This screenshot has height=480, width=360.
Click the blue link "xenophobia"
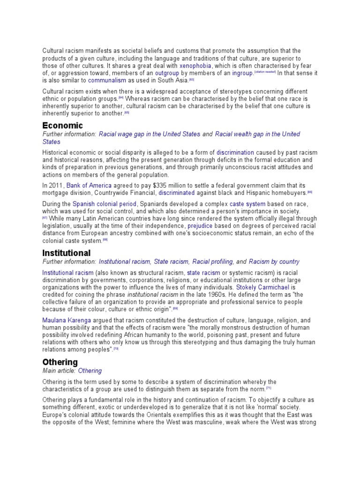pos(195,66)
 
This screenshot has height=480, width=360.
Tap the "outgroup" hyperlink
pos(167,73)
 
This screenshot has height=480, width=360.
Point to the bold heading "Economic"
pos(62,125)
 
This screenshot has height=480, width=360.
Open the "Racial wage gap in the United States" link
pos(150,134)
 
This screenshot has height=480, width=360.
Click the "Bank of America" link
pos(89,185)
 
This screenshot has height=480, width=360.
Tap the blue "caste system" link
pos(247,204)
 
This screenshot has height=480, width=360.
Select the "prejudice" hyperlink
pos(200,226)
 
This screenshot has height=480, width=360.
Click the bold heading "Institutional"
pos(66,253)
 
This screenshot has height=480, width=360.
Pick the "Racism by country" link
pos(274,262)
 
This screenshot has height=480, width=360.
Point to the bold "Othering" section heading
pos(60,362)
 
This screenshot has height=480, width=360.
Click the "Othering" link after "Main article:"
pos(90,371)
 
